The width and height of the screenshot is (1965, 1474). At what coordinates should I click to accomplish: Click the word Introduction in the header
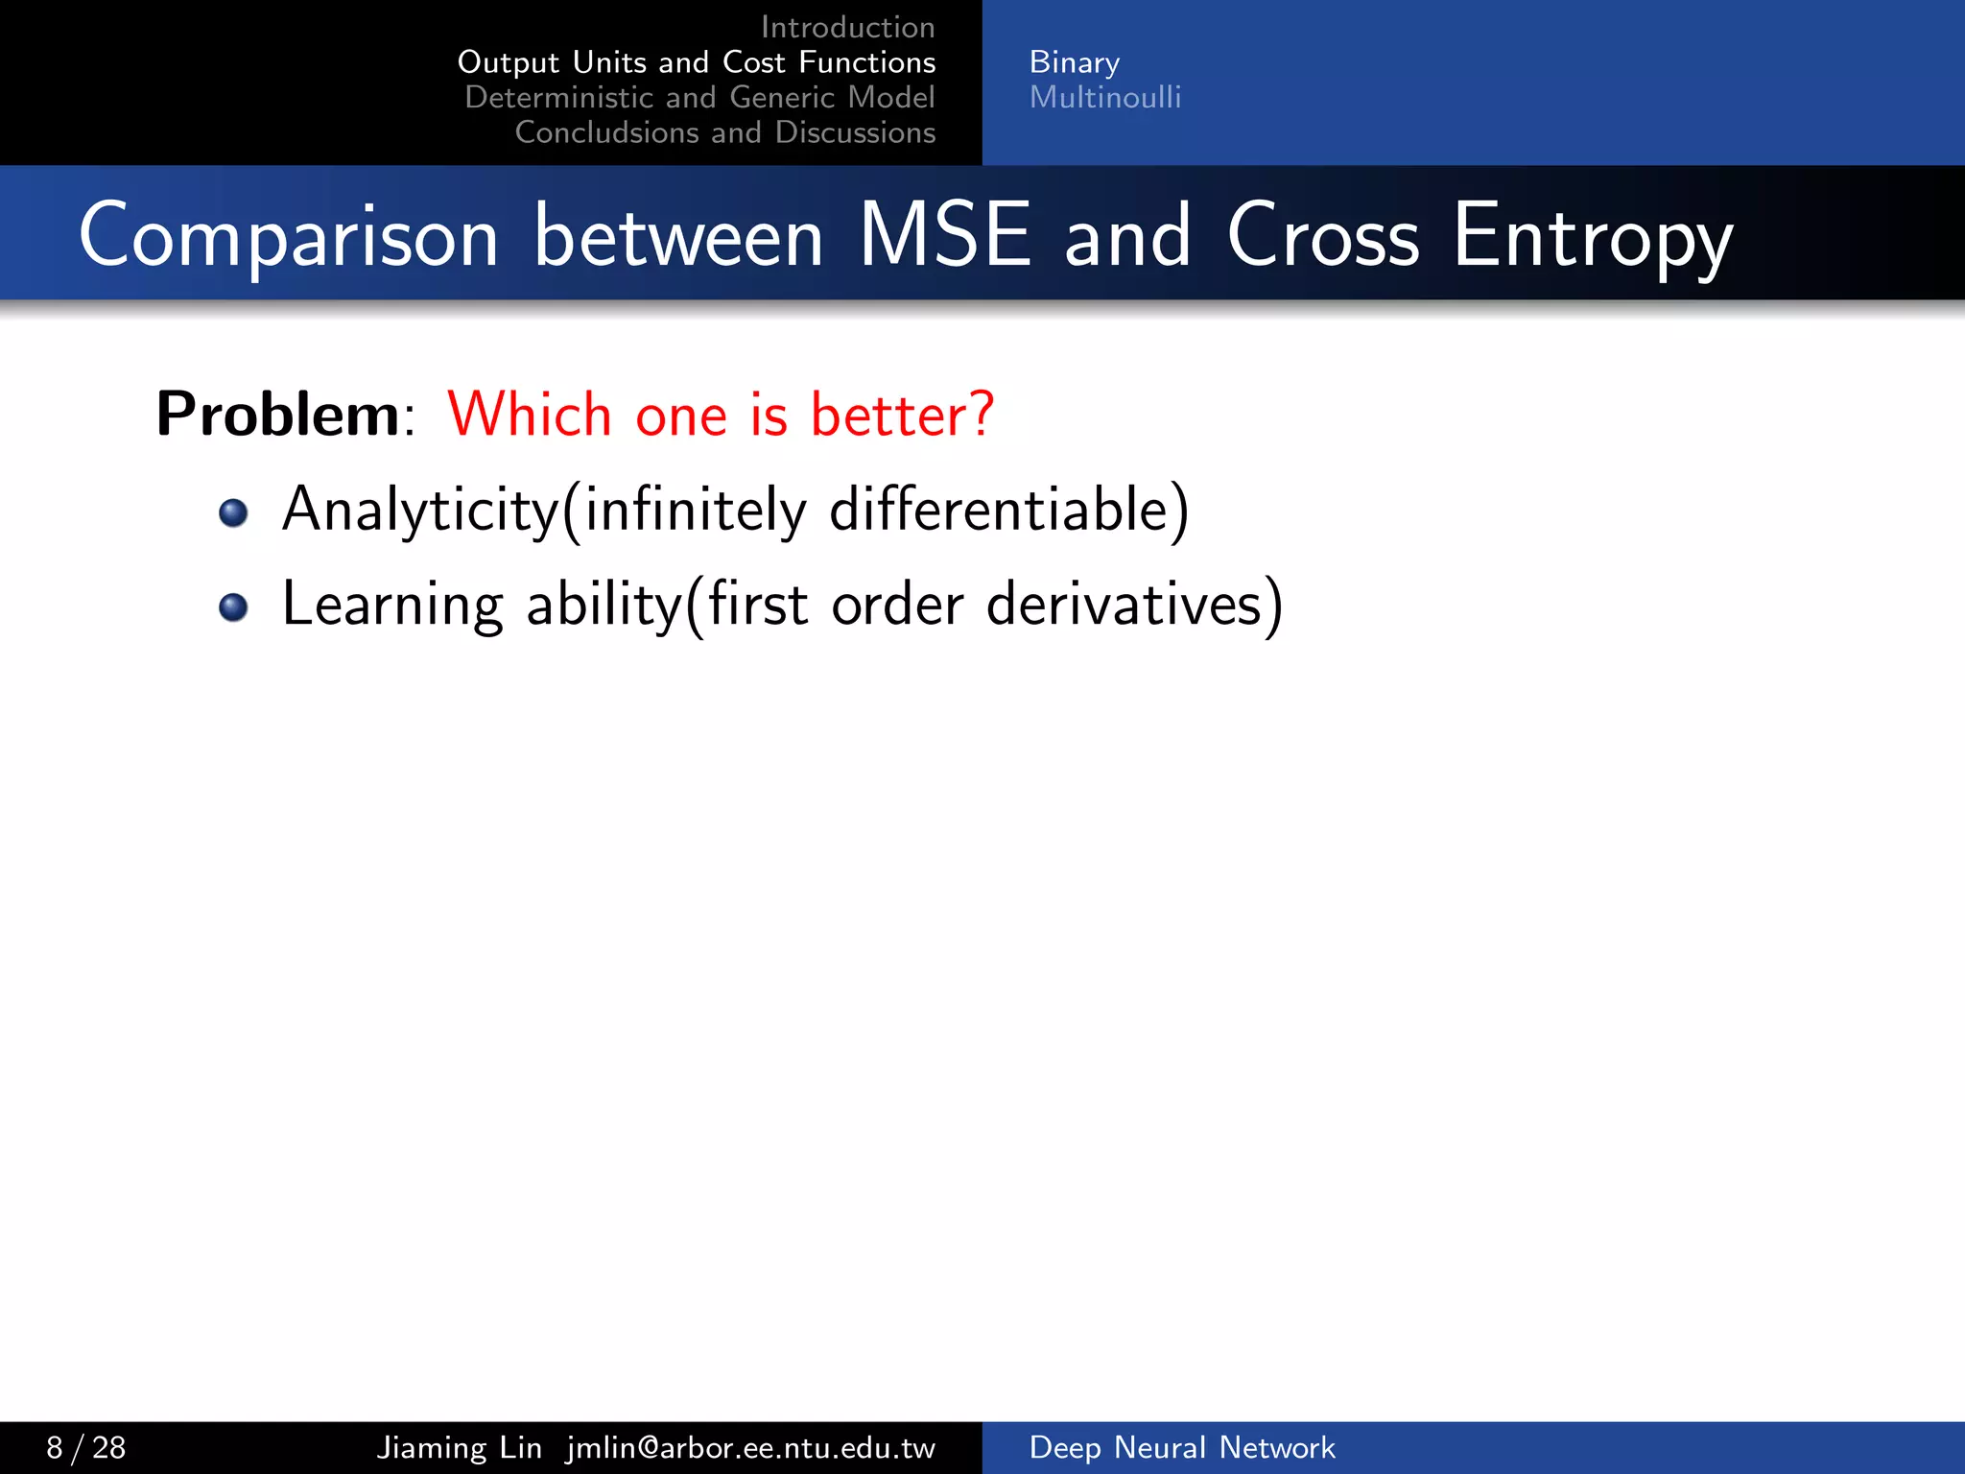point(847,27)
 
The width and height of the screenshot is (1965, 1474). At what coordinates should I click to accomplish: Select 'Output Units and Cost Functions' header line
point(697,62)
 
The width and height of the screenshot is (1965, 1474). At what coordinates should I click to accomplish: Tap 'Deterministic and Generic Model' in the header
point(699,97)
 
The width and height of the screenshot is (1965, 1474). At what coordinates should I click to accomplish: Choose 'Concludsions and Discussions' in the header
point(724,132)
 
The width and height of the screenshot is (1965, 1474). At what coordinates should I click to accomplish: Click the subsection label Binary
point(1074,62)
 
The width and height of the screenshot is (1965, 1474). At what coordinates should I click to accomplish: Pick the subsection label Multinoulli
point(1104,97)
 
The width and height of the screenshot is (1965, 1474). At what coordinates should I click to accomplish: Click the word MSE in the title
point(944,235)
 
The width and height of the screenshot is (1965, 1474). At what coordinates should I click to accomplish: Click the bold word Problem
point(277,415)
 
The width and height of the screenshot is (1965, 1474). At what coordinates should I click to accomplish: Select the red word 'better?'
point(902,415)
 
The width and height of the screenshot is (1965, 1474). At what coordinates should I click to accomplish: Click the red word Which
point(530,415)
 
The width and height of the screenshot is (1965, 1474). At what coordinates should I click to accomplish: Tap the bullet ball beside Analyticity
point(233,512)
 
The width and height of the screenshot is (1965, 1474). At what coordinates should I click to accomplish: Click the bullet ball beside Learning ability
point(233,606)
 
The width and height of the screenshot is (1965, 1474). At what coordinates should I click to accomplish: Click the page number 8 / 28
point(85,1447)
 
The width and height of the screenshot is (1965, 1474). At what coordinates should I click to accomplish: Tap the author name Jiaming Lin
point(459,1447)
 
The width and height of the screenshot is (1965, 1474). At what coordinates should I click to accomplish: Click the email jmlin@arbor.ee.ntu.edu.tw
point(750,1447)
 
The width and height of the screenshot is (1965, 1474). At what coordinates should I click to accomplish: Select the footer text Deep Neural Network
point(1181,1447)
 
